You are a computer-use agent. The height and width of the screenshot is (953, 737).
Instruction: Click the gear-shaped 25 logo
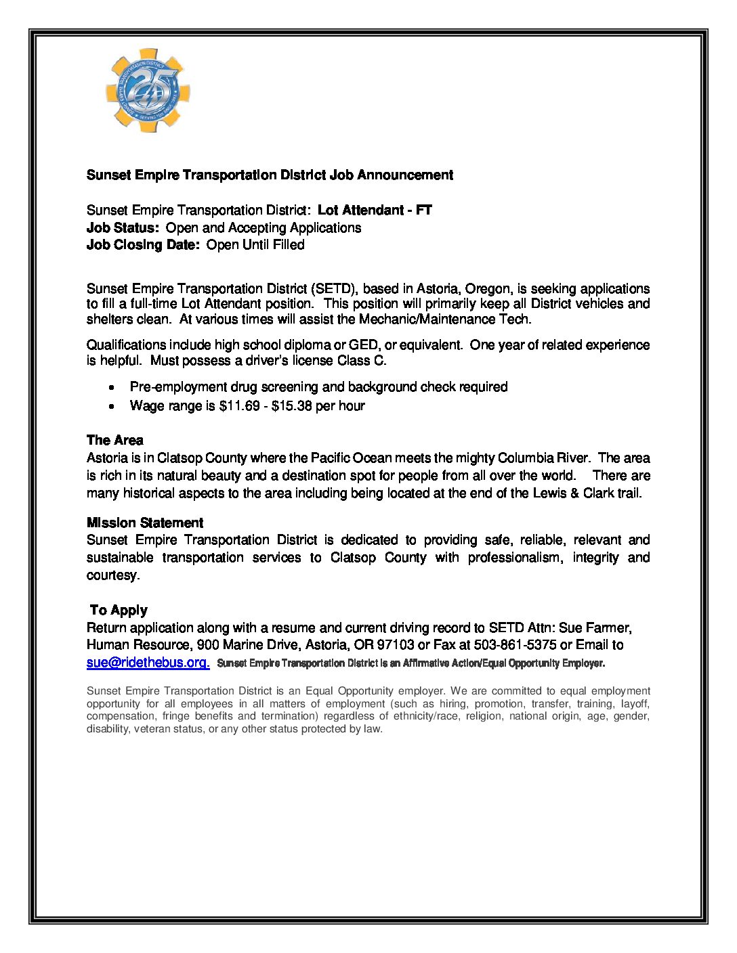coord(148,90)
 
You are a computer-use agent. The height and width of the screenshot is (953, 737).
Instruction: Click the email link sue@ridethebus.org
coord(148,663)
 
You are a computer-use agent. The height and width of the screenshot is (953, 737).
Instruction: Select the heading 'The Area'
coord(114,441)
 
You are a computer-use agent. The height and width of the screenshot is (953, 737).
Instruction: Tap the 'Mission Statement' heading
coord(144,523)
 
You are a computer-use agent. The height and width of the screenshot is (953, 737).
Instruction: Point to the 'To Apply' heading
coord(119,611)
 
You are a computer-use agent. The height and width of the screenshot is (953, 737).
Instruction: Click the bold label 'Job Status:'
coord(123,228)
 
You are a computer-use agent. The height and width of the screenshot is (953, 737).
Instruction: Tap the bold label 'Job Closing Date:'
coord(143,245)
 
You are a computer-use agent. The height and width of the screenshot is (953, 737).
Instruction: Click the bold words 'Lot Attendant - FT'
coord(375,210)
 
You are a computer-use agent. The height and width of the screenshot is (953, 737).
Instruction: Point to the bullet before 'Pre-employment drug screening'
coord(111,388)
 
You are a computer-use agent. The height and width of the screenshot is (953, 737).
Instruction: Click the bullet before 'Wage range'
coord(111,407)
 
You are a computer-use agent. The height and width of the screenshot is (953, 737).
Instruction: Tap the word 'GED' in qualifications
coord(364,345)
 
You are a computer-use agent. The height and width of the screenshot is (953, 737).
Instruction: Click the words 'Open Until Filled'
coord(255,245)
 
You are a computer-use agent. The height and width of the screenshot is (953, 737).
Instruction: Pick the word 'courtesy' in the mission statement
coord(112,575)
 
